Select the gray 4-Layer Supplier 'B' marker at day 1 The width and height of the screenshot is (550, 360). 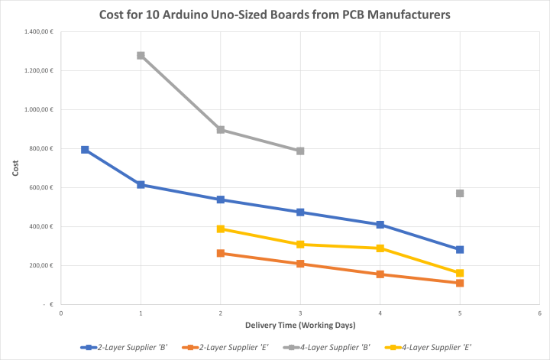141,56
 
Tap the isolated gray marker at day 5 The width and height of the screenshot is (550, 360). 460,193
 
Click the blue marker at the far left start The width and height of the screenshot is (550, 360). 85,150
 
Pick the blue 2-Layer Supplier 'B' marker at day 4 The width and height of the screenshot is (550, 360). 380,225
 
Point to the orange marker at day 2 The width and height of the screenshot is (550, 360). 221,253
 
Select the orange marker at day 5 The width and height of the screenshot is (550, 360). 460,283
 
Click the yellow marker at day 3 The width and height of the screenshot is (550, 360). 300,245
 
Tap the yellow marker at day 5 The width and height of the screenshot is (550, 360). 460,273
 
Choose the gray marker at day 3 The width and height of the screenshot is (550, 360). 300,151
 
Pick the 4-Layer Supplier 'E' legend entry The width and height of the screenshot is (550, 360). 432,347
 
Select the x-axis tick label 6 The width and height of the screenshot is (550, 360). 539,313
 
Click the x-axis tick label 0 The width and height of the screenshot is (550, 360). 61,313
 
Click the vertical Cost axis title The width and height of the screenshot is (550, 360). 15,167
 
